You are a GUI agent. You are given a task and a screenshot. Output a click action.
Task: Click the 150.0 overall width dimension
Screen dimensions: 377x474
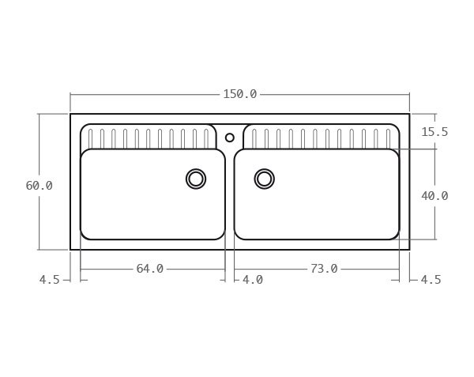[x=239, y=94]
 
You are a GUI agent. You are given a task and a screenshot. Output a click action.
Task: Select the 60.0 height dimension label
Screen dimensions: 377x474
[x=39, y=186]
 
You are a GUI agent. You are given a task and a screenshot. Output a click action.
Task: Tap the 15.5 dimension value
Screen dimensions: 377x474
[x=434, y=132]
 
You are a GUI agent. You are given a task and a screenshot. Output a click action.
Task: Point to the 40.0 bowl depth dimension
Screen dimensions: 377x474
[x=434, y=195]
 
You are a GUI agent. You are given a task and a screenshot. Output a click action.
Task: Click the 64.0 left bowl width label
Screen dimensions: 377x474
[x=149, y=269]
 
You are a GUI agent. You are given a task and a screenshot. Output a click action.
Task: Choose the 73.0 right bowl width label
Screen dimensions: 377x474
[x=323, y=269]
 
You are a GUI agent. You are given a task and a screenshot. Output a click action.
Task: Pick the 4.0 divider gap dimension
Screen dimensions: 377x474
[x=252, y=280]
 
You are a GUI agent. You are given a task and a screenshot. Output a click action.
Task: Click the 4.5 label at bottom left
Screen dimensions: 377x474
[x=49, y=280]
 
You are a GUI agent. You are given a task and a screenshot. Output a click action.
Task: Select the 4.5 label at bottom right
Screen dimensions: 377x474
[x=431, y=280]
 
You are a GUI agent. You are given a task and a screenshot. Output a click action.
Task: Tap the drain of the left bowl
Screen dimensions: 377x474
[x=196, y=179]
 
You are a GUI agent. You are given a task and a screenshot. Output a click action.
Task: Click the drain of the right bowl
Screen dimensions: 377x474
[x=265, y=179]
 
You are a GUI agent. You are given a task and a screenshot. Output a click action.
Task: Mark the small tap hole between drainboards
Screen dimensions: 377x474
[x=230, y=138]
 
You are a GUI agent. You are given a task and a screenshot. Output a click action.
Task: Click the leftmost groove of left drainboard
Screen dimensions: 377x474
[x=90, y=139]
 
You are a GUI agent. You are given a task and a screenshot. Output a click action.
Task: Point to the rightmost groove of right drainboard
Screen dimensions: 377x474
[x=388, y=139]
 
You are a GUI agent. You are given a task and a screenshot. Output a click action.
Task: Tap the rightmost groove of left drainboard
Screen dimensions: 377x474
[x=206, y=139]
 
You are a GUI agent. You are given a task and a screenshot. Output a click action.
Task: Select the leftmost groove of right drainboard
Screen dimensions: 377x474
[x=254, y=139]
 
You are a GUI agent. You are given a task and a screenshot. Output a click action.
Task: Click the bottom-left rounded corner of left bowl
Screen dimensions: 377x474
[x=85, y=235]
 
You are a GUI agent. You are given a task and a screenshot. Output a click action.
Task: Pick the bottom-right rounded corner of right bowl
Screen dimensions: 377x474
[x=395, y=235]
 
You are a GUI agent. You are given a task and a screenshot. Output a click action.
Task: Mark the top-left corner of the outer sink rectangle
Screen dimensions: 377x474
[x=70, y=114]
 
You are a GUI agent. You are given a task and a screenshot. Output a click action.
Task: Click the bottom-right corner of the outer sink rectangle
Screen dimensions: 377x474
[x=409, y=250]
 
